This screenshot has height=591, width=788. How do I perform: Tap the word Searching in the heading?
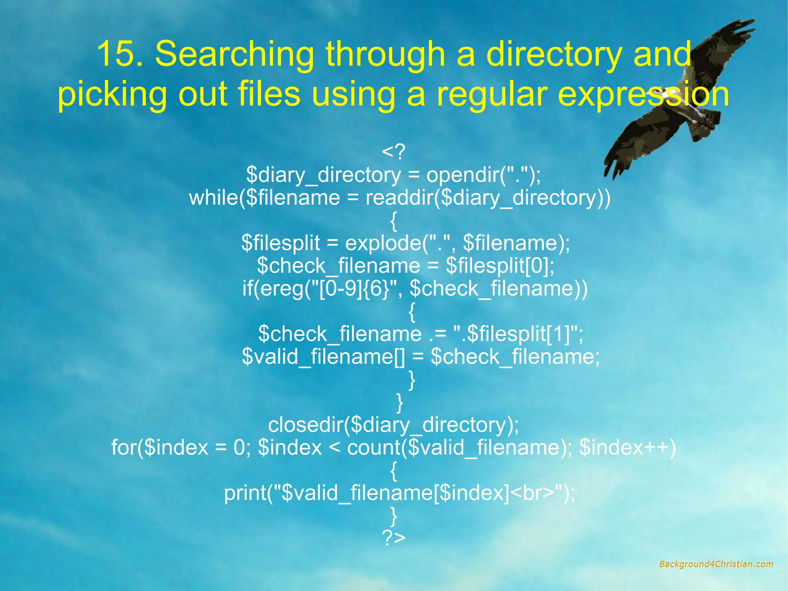pos(234,54)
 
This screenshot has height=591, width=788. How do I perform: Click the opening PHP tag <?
pos(393,152)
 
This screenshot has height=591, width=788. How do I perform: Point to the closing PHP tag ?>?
pos(393,537)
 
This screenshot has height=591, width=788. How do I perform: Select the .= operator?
pos(437,334)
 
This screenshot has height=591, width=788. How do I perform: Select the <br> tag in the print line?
pos(533,493)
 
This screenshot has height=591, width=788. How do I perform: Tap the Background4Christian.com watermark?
pos(716,564)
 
